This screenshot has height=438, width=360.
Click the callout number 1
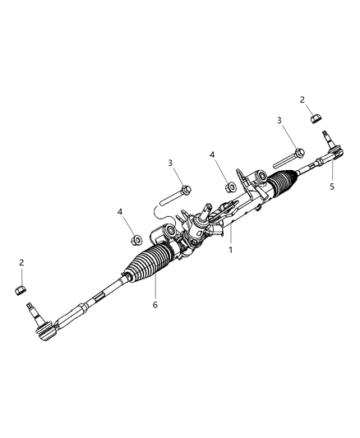tap(231, 250)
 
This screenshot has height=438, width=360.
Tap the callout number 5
tap(333, 187)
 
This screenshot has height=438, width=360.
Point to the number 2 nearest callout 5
tap(302, 99)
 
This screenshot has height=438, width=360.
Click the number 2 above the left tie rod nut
tap(21, 263)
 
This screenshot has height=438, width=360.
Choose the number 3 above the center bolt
tap(170, 164)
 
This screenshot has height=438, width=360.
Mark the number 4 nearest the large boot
tap(120, 212)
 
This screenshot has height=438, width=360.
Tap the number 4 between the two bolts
tap(211, 154)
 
